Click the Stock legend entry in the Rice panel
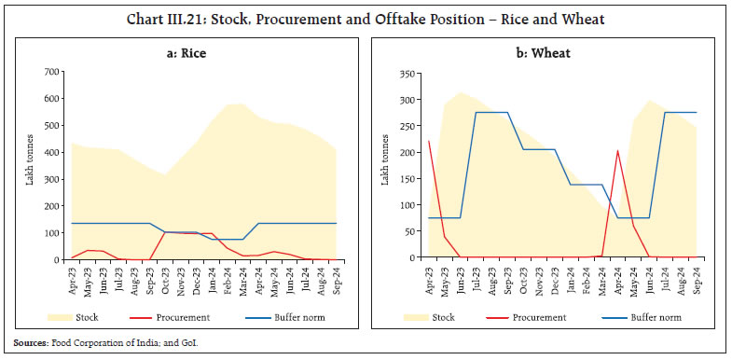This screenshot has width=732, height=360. tap(93, 316)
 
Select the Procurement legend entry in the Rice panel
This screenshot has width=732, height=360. tap(183, 316)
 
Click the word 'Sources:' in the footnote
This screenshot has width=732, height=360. tap(35, 344)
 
